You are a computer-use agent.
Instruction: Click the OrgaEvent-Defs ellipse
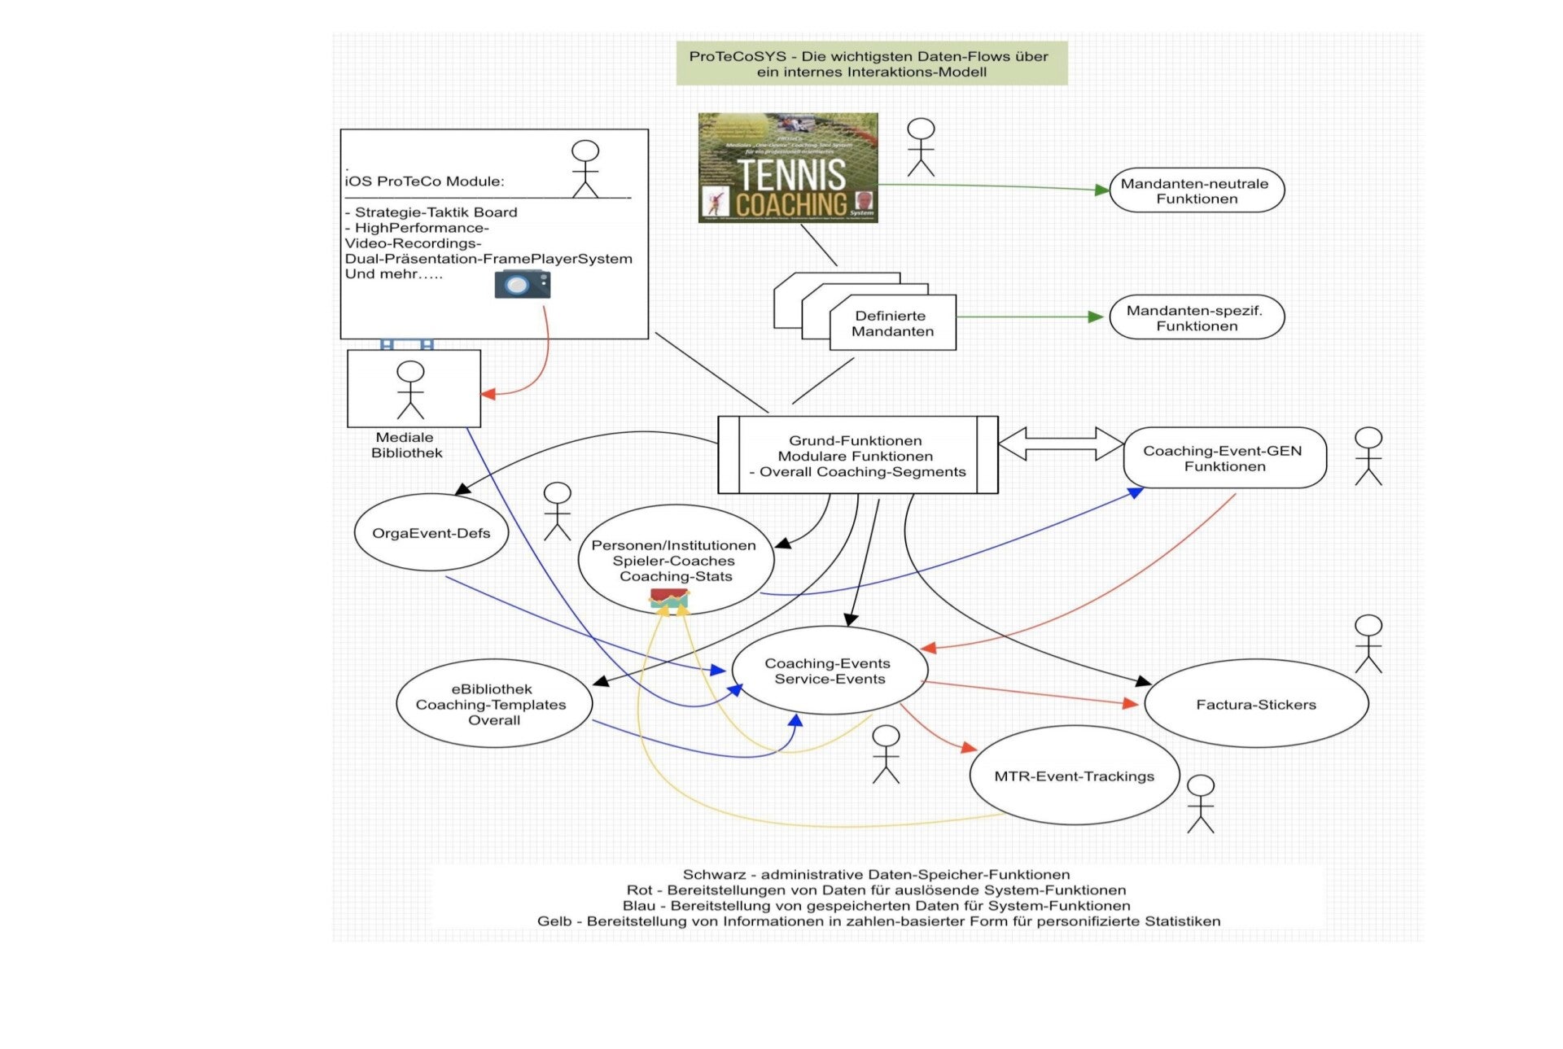pos(431,533)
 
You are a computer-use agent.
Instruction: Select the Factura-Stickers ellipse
pos(1256,704)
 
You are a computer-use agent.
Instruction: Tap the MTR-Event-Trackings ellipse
pos(1074,776)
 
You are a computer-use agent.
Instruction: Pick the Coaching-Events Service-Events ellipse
pos(829,671)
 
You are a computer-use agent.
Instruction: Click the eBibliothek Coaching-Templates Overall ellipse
pos(493,704)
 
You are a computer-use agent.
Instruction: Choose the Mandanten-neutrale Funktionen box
pos(1196,190)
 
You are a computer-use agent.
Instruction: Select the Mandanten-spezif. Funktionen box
pos(1196,317)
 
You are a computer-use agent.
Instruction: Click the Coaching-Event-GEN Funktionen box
pos(1224,458)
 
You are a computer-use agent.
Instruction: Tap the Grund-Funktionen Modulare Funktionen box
pos(857,456)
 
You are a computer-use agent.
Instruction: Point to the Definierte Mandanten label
pos(892,323)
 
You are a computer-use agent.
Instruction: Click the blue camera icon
pos(522,284)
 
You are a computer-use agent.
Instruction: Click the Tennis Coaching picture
pos(787,168)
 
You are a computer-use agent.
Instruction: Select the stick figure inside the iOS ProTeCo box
pos(584,169)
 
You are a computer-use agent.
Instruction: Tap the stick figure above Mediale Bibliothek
pos(410,389)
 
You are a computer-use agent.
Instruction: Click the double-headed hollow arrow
pos(1060,444)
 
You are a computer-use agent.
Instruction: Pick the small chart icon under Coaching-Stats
pos(669,600)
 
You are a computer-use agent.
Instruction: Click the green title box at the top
pos(871,63)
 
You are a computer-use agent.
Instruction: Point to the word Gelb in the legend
pos(554,921)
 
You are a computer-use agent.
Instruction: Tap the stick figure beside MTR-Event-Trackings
pos(1200,803)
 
